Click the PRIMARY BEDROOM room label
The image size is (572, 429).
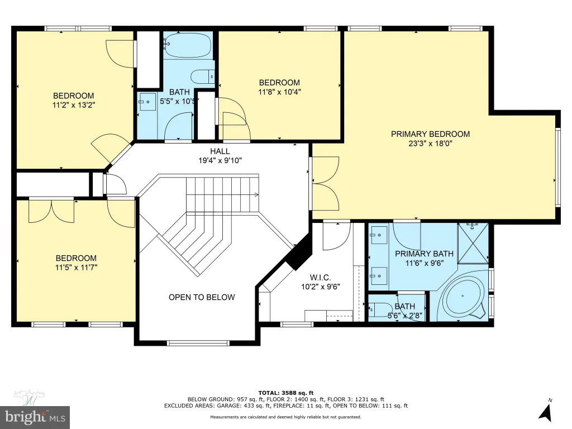(x=430, y=134)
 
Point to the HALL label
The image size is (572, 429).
(x=220, y=151)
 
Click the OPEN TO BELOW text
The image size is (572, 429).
(x=202, y=297)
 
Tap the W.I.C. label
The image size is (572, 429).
(x=320, y=278)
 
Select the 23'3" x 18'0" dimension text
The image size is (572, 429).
(x=430, y=144)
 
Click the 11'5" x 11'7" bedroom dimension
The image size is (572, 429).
(x=76, y=268)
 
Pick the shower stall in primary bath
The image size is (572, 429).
(x=473, y=242)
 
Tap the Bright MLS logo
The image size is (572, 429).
(x=35, y=417)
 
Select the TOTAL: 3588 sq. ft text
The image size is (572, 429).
(x=285, y=393)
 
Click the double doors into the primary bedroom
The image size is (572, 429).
(x=325, y=183)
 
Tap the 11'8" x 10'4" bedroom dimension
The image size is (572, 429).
(x=279, y=92)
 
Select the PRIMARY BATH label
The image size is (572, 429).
(x=425, y=254)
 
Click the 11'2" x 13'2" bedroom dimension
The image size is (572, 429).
(x=74, y=105)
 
